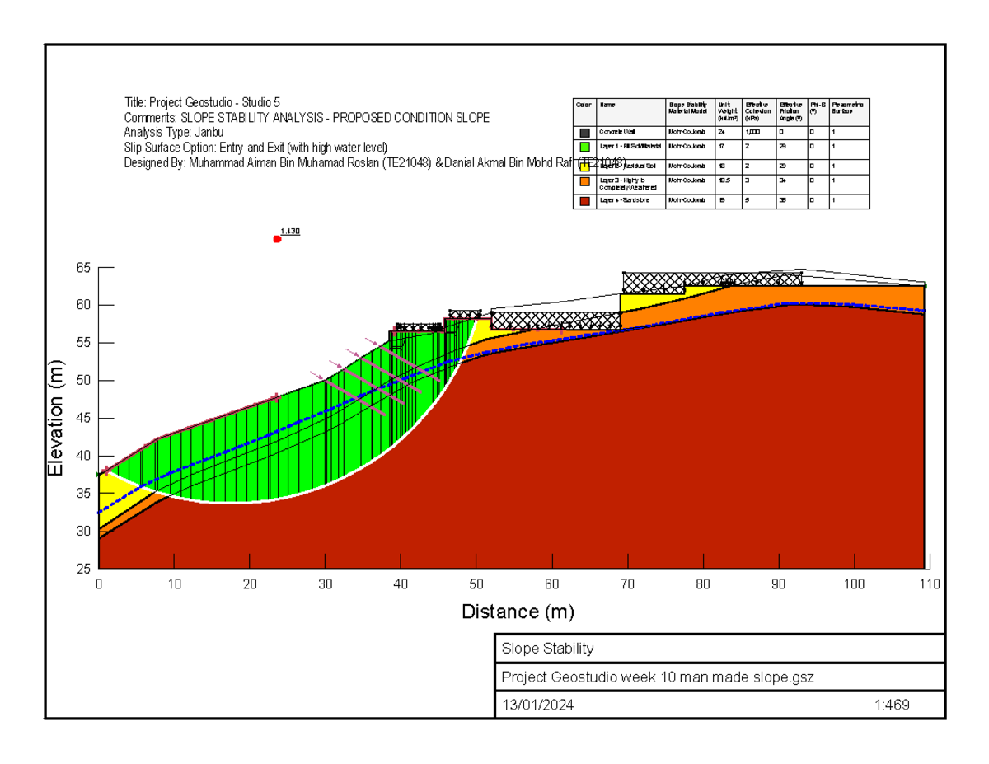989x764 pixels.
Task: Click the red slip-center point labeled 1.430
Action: (277, 239)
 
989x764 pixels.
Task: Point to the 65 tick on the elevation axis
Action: (84, 268)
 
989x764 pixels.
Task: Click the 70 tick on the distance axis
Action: (628, 584)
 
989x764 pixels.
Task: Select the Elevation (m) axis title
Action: (56, 419)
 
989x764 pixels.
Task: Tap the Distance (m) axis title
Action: (518, 612)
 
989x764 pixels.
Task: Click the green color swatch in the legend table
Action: (584, 147)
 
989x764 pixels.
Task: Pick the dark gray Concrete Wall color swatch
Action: (584, 132)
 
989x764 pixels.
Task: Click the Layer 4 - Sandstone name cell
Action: (630, 200)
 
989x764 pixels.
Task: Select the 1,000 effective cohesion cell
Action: (752, 132)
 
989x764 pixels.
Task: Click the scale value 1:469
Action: (892, 705)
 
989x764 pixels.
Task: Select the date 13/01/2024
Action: (538, 705)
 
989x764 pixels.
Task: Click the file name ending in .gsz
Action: (658, 677)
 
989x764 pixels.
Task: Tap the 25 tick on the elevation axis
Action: (84, 569)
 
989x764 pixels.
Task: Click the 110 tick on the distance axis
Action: (930, 584)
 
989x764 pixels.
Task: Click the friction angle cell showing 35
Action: (783, 200)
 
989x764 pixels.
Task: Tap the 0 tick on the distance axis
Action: (99, 584)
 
